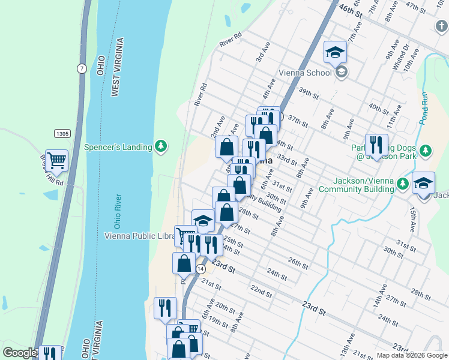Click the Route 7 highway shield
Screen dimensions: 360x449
[x=81, y=68]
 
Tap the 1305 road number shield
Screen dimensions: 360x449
[x=61, y=133]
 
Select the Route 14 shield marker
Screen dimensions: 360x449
[x=199, y=269]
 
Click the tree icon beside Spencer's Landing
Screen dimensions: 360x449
[x=160, y=146]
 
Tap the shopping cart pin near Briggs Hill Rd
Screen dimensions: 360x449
[x=56, y=161]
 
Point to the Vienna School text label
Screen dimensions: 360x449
[x=305, y=73]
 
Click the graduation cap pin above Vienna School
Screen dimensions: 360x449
[x=335, y=52]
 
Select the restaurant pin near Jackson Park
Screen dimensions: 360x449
[x=376, y=144]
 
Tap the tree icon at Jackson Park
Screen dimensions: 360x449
[x=426, y=150]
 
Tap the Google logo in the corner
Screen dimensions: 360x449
[x=19, y=353]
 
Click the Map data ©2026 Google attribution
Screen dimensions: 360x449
[x=412, y=355]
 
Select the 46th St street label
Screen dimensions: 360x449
[x=351, y=10]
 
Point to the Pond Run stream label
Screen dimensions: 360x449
[x=426, y=107]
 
